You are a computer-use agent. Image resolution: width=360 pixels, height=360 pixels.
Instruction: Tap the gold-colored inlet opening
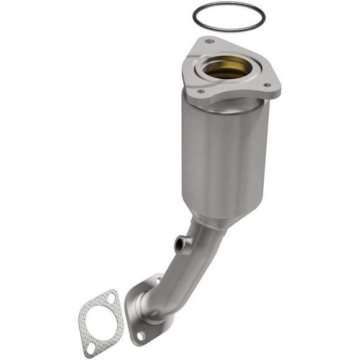tap(227, 67)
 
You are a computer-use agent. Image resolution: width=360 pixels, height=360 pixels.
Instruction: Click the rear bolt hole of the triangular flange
tap(209, 42)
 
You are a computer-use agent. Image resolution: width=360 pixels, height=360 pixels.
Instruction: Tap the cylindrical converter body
tap(227, 161)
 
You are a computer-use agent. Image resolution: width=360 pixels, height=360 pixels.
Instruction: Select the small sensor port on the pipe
tap(181, 243)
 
